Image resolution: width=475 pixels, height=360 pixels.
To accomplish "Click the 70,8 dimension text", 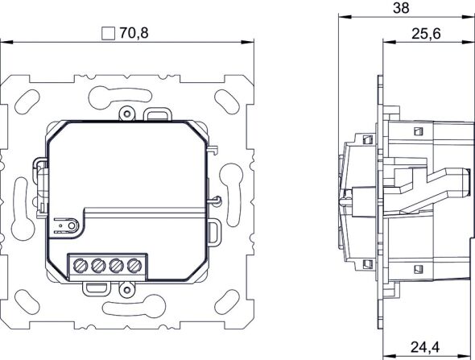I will (x=134, y=33).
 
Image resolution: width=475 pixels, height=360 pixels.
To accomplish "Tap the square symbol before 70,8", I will (x=109, y=34).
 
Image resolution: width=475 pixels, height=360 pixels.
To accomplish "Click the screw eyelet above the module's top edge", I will (x=126, y=113).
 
